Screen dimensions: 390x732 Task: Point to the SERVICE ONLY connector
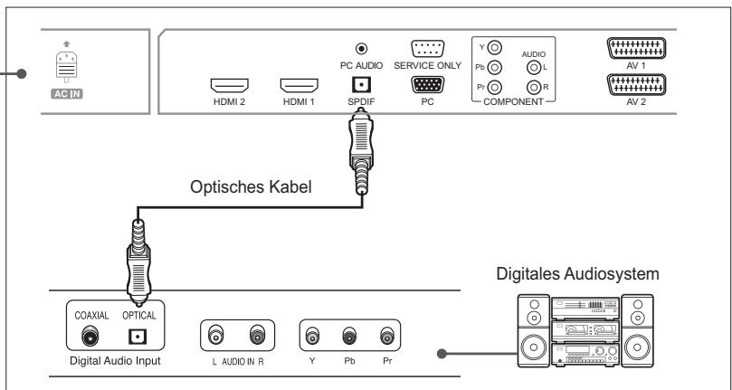428,52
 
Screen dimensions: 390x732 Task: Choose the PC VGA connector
428,85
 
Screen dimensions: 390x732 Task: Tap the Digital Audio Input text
116,360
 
